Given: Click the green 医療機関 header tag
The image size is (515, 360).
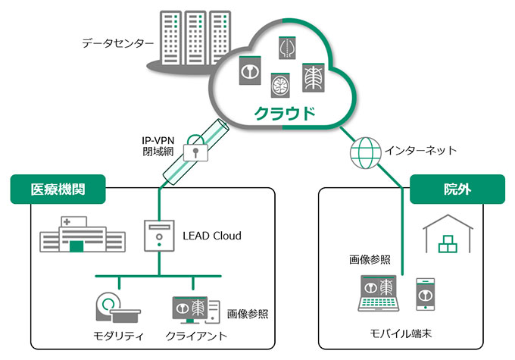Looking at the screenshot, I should pyautogui.click(x=58, y=189).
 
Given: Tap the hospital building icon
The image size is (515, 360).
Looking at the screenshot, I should pyautogui.click(x=82, y=234).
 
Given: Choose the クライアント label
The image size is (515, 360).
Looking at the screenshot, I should pyautogui.click(x=195, y=335).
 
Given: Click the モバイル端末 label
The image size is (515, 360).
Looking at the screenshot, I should pyautogui.click(x=401, y=333).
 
